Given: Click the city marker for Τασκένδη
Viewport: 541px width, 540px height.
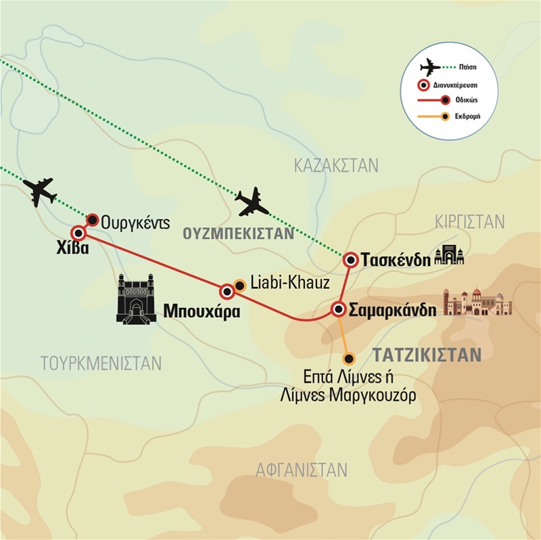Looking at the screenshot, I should (350, 260).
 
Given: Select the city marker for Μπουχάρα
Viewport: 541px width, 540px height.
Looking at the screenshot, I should (227, 291).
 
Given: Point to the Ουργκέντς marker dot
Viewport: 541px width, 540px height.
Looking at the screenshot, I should (94, 219).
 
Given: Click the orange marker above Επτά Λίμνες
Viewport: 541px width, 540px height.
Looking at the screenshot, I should (348, 359).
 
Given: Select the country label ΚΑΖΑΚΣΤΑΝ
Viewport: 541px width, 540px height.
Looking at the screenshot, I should (336, 166).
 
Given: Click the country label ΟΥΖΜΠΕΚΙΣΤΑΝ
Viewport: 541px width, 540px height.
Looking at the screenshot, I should (238, 234).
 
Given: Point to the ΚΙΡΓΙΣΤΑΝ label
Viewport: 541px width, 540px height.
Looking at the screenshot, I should (470, 221).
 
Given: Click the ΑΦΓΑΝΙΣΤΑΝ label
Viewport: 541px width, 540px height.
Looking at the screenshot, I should (302, 470).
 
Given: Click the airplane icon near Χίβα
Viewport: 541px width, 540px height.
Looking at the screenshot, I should (41, 192).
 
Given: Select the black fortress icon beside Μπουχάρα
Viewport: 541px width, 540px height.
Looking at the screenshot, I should (137, 298).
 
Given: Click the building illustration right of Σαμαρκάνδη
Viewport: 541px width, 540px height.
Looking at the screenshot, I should (477, 303).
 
